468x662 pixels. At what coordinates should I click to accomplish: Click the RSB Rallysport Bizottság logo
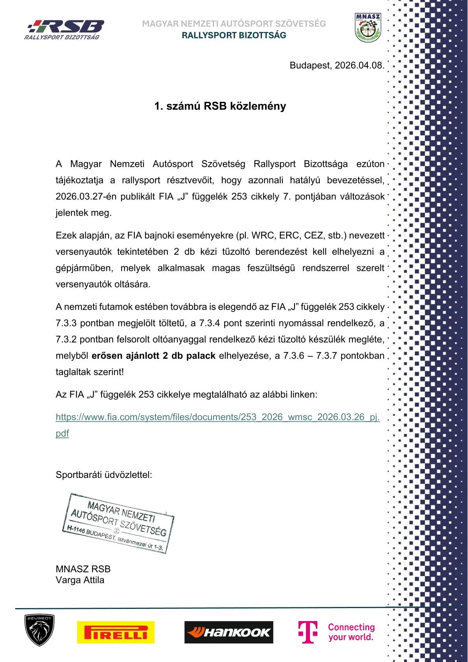[x=64, y=30]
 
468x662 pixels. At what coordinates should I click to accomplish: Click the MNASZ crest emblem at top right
[x=368, y=28]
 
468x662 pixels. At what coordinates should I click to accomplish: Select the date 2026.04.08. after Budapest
[x=359, y=65]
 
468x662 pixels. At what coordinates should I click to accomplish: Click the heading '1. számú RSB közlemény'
[x=220, y=106]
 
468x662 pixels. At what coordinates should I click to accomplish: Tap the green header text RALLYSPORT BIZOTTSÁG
[x=234, y=35]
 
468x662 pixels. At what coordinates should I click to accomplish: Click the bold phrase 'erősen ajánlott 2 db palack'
[x=153, y=356]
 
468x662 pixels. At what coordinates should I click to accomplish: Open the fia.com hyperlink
[x=217, y=417]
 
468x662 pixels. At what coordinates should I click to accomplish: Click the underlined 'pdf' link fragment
[x=62, y=433]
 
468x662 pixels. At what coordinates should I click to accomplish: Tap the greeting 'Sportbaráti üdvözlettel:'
[x=104, y=475]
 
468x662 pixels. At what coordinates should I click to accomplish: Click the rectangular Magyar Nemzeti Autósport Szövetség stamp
[x=118, y=523]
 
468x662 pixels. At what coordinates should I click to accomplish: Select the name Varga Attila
[x=80, y=580]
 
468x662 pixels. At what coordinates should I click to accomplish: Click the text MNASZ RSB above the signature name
[x=83, y=569]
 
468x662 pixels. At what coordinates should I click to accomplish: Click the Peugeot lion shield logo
[x=39, y=630]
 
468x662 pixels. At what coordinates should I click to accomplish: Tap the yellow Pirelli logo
[x=116, y=632]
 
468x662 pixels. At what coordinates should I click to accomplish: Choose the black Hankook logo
[x=228, y=632]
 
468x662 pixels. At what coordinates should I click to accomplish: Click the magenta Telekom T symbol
[x=308, y=632]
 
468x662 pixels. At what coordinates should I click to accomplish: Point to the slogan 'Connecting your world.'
[x=351, y=632]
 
